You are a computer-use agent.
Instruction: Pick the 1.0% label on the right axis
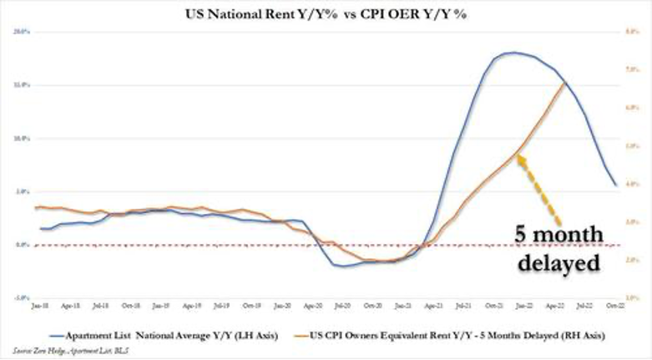pyautogui.click(x=632, y=297)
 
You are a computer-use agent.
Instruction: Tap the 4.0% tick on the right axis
pyautogui.click(x=632, y=184)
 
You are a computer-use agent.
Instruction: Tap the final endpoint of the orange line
pyautogui.click(x=564, y=82)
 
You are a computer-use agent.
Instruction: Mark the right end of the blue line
pyautogui.click(x=616, y=185)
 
